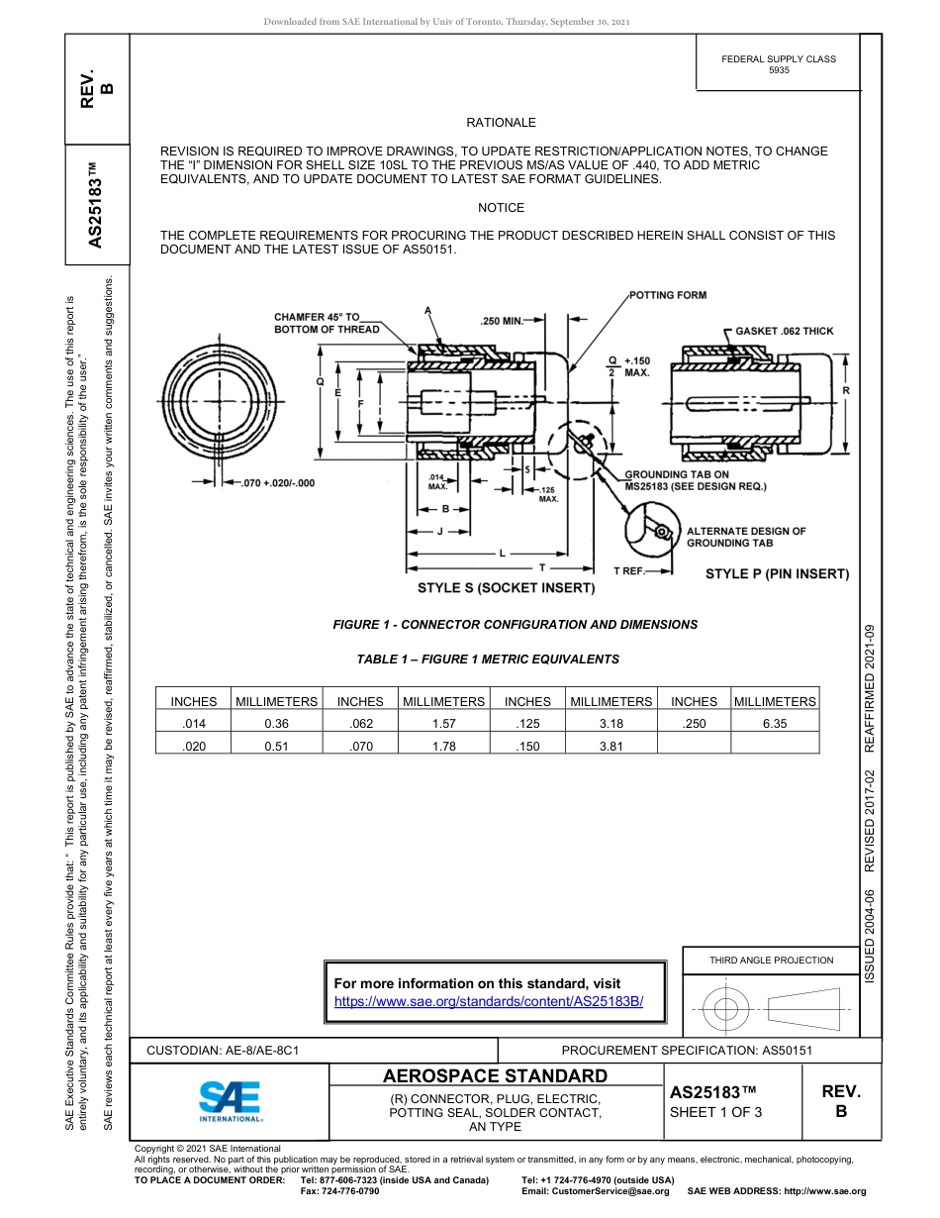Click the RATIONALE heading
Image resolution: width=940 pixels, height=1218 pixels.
pyautogui.click(x=501, y=123)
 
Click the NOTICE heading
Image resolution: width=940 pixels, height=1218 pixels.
pyautogui.click(x=501, y=208)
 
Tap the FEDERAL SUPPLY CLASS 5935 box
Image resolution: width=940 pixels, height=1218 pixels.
pyautogui.click(x=778, y=64)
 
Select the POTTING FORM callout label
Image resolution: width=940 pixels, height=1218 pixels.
pyautogui.click(x=668, y=295)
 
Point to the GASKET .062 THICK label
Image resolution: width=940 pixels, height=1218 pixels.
pyautogui.click(x=785, y=331)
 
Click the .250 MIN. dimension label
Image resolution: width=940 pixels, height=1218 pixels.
pyautogui.click(x=502, y=321)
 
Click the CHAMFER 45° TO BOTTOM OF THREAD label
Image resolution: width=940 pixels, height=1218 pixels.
pyautogui.click(x=327, y=323)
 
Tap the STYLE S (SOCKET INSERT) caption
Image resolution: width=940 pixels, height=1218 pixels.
pyautogui.click(x=506, y=588)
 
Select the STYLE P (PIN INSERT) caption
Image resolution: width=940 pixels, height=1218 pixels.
pyautogui.click(x=777, y=573)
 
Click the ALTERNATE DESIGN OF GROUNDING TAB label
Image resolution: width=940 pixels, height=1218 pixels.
pyautogui.click(x=746, y=537)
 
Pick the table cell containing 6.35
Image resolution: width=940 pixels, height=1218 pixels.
pyautogui.click(x=775, y=724)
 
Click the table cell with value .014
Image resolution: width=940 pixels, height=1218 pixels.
pyautogui.click(x=194, y=724)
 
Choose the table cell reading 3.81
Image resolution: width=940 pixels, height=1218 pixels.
pyautogui.click(x=611, y=747)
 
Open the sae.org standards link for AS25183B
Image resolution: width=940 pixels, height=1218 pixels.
pyautogui.click(x=489, y=1001)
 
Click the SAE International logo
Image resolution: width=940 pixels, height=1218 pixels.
pyautogui.click(x=230, y=1099)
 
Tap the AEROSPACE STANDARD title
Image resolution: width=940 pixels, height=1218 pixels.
pyautogui.click(x=495, y=1076)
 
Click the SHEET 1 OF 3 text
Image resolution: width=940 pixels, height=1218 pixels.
pyautogui.click(x=715, y=1112)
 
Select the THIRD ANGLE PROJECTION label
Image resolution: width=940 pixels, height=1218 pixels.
pyautogui.click(x=771, y=960)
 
